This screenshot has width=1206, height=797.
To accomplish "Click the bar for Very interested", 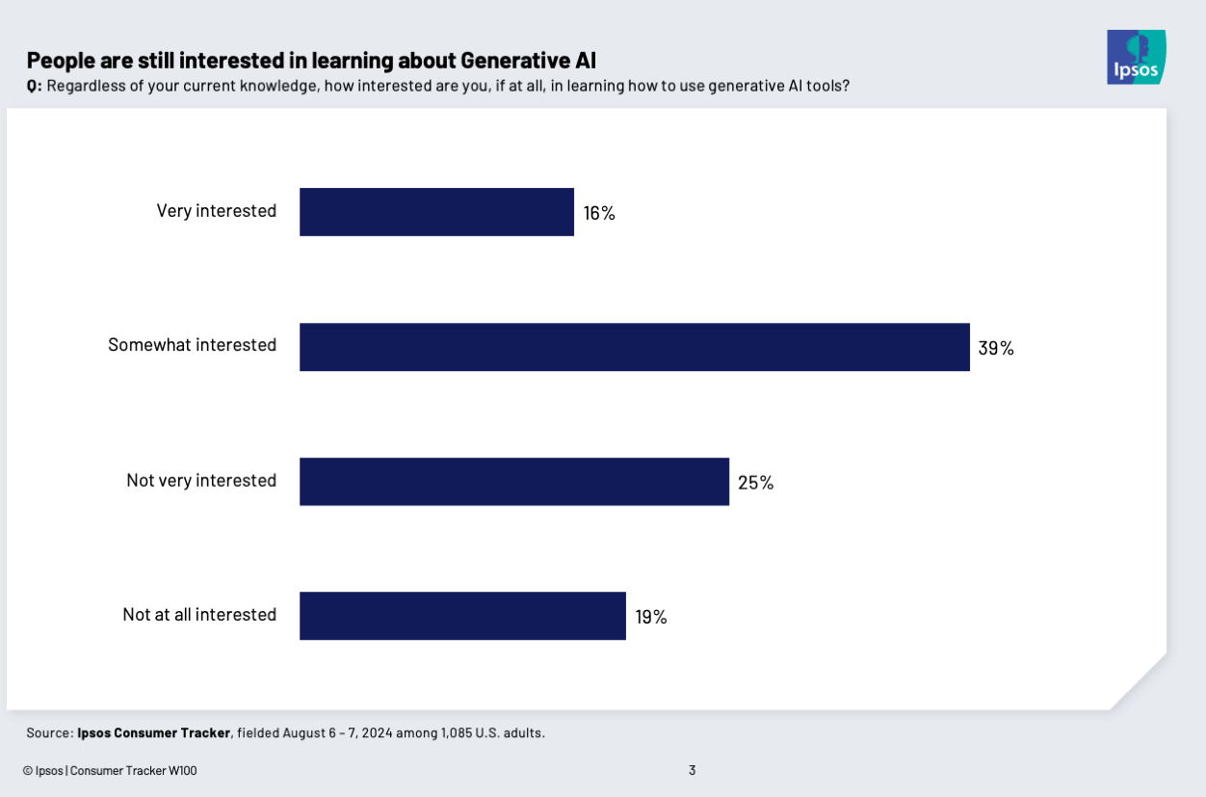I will tap(436, 212).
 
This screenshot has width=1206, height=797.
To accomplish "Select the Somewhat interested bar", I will tap(634, 347).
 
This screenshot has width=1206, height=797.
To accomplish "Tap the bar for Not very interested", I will tap(513, 482).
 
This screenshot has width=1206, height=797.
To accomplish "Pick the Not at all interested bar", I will tap(462, 616).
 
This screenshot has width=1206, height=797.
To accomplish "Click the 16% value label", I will tap(599, 213).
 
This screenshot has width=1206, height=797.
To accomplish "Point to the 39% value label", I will tap(996, 348).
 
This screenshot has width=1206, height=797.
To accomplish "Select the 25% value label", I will tap(755, 483).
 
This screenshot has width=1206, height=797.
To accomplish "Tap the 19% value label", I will tap(651, 617).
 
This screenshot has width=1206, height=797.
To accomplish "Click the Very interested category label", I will tap(216, 211).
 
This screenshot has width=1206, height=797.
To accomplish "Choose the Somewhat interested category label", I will tap(192, 345).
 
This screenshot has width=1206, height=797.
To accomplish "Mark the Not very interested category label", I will tap(200, 480).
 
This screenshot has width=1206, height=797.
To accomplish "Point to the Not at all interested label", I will tap(198, 614).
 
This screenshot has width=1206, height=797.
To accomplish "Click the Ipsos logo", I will tap(1136, 57).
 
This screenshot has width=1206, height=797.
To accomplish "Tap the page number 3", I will tap(692, 770).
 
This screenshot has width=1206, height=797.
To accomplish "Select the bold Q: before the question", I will tap(34, 87).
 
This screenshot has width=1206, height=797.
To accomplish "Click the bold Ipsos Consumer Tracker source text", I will tap(153, 732).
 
